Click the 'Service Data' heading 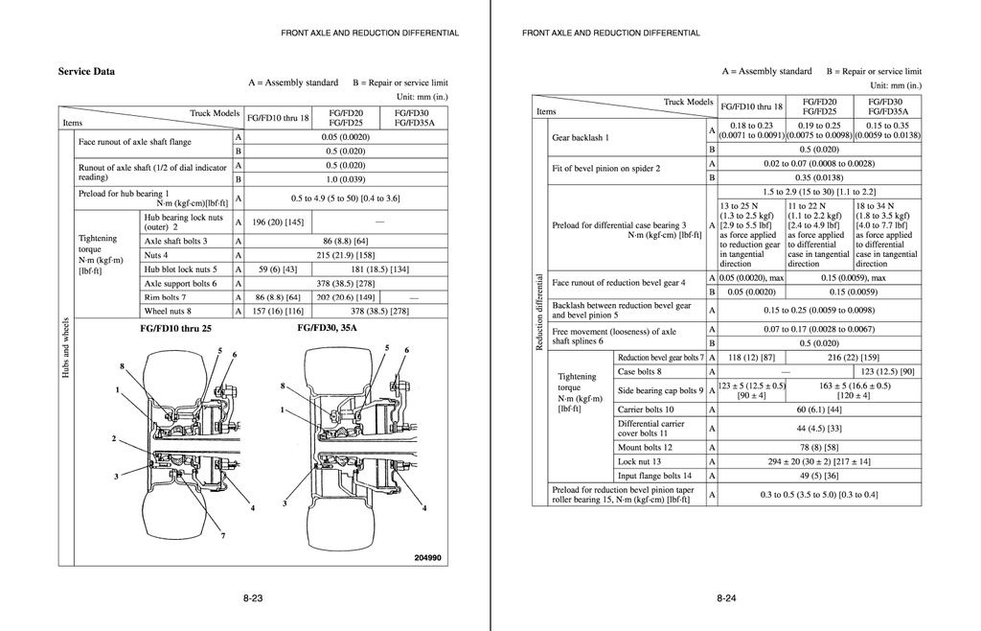86,72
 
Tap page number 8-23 253,598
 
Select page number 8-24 726,598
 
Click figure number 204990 427,558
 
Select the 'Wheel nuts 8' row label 168,311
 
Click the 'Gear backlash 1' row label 579,137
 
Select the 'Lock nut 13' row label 639,461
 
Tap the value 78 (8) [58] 819,447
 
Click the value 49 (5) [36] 819,476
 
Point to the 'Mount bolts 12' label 645,447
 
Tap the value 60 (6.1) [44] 819,409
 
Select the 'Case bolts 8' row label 639,371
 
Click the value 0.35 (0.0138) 819,177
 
